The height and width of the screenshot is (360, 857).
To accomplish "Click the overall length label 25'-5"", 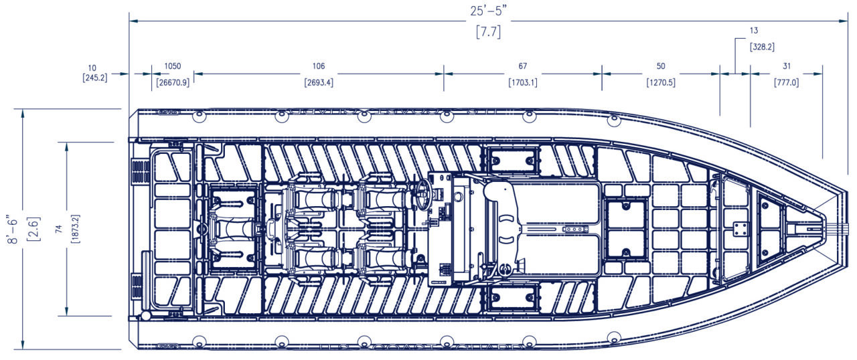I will click(488, 11).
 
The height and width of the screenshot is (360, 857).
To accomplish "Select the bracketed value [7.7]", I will click(488, 31).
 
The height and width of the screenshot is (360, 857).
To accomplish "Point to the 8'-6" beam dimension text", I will click(11, 229).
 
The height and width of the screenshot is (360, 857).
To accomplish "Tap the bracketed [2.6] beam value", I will click(32, 229).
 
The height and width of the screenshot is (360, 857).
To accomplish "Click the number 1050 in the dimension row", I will click(173, 66).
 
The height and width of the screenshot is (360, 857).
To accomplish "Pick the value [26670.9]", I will click(173, 83).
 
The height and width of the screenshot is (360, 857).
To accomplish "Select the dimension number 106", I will click(319, 66).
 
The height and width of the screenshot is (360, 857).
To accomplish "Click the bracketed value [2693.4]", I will click(319, 83).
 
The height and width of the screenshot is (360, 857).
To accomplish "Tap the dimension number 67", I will click(523, 66).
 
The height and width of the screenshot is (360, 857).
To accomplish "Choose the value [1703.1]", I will click(523, 83).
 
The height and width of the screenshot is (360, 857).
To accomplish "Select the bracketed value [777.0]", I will click(786, 83).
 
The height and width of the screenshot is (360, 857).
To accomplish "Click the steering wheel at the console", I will click(422, 193).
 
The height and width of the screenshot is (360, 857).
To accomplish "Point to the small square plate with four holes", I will click(740, 229).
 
